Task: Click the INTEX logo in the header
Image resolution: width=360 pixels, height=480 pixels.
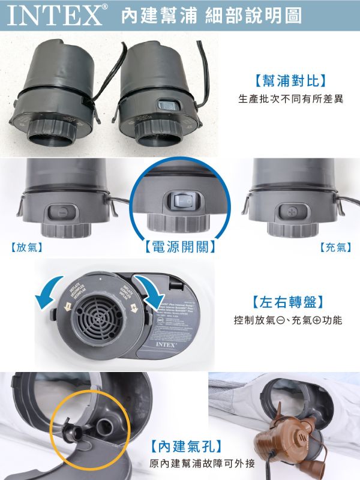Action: [x=55, y=16]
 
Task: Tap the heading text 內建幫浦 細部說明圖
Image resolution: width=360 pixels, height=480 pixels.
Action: [x=211, y=16]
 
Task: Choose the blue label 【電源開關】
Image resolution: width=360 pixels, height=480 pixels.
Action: [x=181, y=247]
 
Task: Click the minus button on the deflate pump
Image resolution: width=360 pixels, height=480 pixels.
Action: [x=62, y=212]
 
